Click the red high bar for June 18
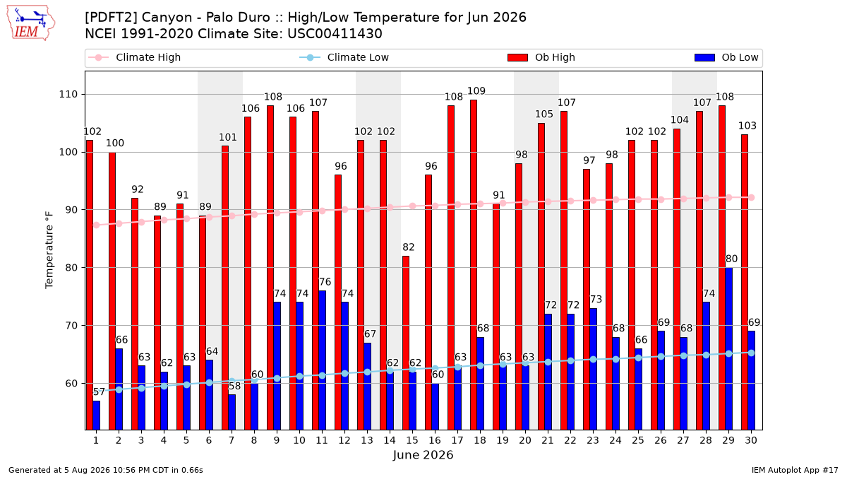(x=474, y=264)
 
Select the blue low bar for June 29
(x=728, y=348)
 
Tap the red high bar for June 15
(x=406, y=343)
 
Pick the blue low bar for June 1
(x=97, y=415)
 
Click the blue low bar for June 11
(x=322, y=360)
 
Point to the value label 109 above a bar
(x=476, y=91)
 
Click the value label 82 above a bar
(x=409, y=247)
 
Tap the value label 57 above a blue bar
(x=99, y=391)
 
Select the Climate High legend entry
(x=134, y=57)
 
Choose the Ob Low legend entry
(x=726, y=57)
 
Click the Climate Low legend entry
(x=344, y=57)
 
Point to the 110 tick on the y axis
(x=68, y=94)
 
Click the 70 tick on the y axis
(x=71, y=326)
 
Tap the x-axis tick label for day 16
(x=435, y=440)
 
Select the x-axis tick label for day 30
(x=751, y=440)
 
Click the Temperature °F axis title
(x=49, y=250)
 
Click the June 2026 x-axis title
(x=423, y=454)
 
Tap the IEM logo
(x=31, y=23)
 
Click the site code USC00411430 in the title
(x=335, y=34)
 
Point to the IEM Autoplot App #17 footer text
(x=795, y=470)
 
